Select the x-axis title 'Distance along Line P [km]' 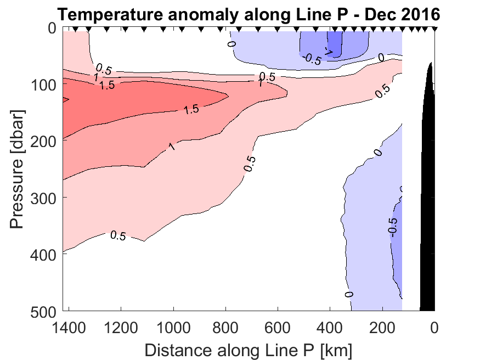[x=248, y=349]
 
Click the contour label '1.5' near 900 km [x=191, y=109]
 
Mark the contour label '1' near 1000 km [x=172, y=147]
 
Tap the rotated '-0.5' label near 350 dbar [x=392, y=226]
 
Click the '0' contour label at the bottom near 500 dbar [x=349, y=295]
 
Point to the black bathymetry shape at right [x=427, y=220]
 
